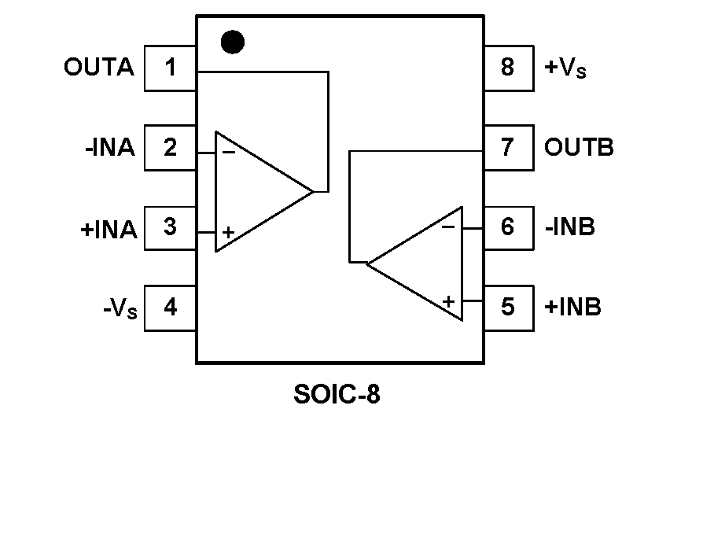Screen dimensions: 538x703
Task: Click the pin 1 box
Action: coord(170,68)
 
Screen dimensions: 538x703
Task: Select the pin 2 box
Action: coord(170,148)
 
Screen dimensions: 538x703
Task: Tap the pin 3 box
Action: coord(170,227)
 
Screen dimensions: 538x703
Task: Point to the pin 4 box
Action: coord(170,308)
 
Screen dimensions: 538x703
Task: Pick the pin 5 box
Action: coord(508,306)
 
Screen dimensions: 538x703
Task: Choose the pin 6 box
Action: coord(508,227)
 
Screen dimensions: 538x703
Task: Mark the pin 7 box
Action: coord(508,147)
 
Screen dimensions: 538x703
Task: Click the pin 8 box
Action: coord(508,68)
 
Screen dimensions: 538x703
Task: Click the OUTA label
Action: coord(99,68)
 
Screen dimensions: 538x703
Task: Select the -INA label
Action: coord(110,148)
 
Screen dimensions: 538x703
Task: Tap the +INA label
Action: coord(109,229)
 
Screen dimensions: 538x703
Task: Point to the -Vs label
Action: coord(120,308)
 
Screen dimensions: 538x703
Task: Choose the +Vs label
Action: coord(565,68)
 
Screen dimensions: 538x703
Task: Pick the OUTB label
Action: coord(579,147)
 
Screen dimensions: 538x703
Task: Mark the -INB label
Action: coord(569,227)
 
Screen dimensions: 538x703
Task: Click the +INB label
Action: coord(572,306)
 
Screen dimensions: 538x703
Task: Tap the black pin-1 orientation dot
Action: coord(232,42)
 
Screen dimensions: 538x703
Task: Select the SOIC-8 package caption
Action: coord(337,394)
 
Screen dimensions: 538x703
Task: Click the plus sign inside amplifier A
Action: coord(228,232)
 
